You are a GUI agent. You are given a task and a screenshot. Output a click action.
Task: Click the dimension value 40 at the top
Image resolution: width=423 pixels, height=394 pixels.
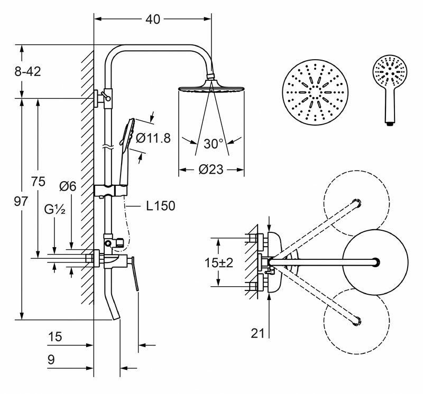click(x=153, y=20)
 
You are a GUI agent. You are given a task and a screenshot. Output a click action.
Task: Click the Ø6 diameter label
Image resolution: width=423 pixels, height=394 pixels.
click(x=68, y=186)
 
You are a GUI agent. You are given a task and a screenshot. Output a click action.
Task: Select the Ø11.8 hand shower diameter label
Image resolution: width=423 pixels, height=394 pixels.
click(x=153, y=138)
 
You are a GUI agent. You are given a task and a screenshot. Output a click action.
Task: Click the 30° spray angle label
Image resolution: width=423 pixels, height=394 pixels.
click(x=214, y=144)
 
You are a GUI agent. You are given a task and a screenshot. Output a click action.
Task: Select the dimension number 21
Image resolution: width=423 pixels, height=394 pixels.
click(x=259, y=333)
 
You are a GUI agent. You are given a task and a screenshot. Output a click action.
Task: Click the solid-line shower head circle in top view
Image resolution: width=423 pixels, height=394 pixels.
click(x=375, y=261)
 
